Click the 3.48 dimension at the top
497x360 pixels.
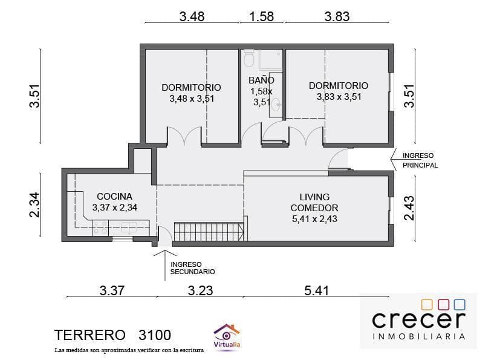tap(192, 16)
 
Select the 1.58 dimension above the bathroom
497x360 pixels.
tap(261, 16)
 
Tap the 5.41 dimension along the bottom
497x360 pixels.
tap(316, 290)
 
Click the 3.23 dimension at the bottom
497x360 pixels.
tap(200, 290)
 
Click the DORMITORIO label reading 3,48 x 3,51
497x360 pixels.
tap(191, 93)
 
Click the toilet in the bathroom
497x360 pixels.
tap(248, 58)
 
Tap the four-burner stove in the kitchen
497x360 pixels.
tap(100, 228)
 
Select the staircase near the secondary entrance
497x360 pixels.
tap(209, 231)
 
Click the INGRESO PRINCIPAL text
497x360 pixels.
tap(420, 160)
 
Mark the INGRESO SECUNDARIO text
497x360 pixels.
tap(192, 268)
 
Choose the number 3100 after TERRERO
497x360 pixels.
tap(154, 335)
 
